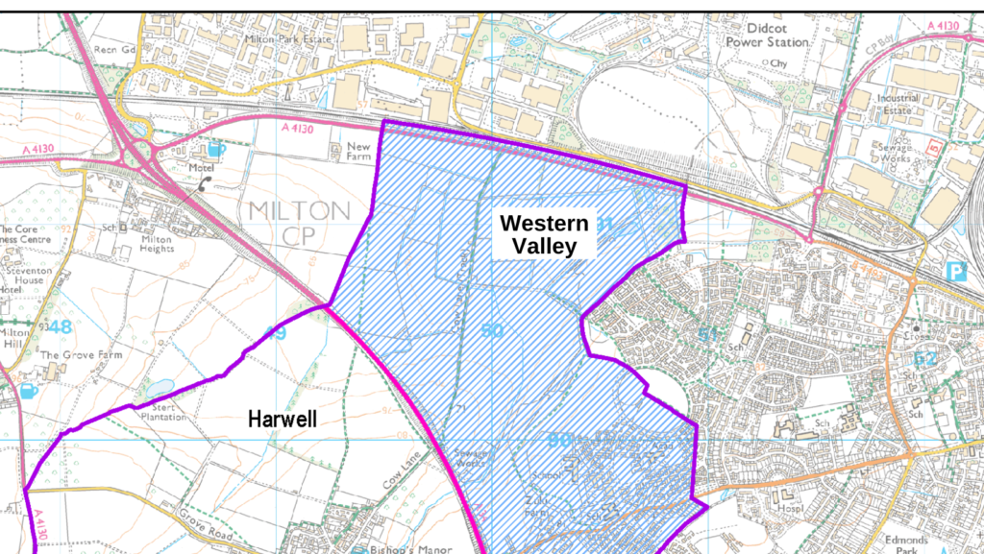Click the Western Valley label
pyautogui.click(x=544, y=234)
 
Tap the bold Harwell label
pyautogui.click(x=282, y=420)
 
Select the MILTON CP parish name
pyautogui.click(x=299, y=223)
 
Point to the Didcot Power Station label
pyautogui.click(x=767, y=36)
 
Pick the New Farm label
pyautogui.click(x=357, y=153)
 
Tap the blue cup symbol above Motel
pyautogui.click(x=216, y=149)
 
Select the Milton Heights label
pyautogui.click(x=157, y=244)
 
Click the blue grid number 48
pyautogui.click(x=60, y=326)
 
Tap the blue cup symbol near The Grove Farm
pyautogui.click(x=28, y=391)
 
